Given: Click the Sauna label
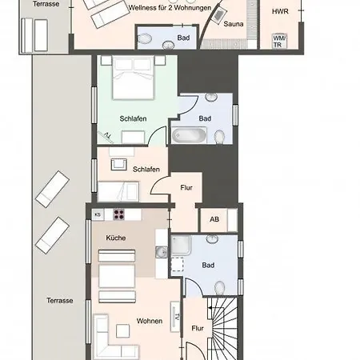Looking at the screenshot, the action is pos(234,24).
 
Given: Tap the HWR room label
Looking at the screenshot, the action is pos(280,11).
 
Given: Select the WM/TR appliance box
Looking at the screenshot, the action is pos(279,42).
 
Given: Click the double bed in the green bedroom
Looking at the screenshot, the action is pos(133,78).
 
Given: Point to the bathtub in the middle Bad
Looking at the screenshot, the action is pos(190,135).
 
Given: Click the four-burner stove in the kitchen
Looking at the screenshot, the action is pos(119,214).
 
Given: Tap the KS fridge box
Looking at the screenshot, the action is pos(98,214).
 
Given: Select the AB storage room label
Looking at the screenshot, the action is pos(214,219).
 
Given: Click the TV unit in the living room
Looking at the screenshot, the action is pos(175,317).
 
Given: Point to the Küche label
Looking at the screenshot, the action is pos(116,238).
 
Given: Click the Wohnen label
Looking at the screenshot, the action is pos(150,321).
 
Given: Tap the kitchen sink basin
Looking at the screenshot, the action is pos(162,252).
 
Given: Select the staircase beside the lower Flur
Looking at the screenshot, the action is pos(222,329).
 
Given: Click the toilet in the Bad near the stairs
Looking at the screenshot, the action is pos(220,288).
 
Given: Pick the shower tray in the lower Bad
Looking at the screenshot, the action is pos(181,245).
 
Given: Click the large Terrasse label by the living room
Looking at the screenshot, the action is pos(60,301).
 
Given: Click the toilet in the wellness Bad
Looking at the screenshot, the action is pos(145,39).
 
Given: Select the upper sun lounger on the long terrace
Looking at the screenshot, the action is pos(53,189).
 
